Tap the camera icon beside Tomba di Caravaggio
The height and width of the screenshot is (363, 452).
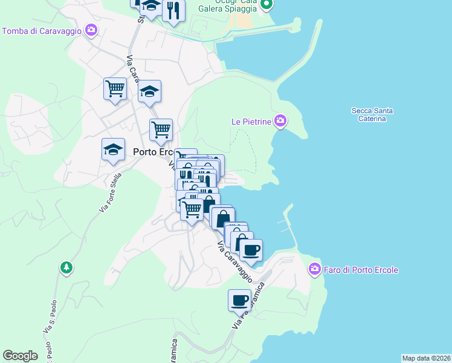91,30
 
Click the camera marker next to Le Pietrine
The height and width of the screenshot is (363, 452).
280,121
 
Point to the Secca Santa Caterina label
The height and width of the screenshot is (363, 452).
372,114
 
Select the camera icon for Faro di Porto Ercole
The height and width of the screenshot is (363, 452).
314,269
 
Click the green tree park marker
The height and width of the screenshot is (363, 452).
66,267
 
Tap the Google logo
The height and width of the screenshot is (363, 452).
20,356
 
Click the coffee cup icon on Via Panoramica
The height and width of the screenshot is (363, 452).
239,299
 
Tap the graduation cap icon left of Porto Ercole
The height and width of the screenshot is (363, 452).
112,151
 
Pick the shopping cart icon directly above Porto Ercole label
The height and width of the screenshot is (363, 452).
161,129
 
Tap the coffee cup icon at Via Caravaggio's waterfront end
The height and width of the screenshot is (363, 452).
251,249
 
